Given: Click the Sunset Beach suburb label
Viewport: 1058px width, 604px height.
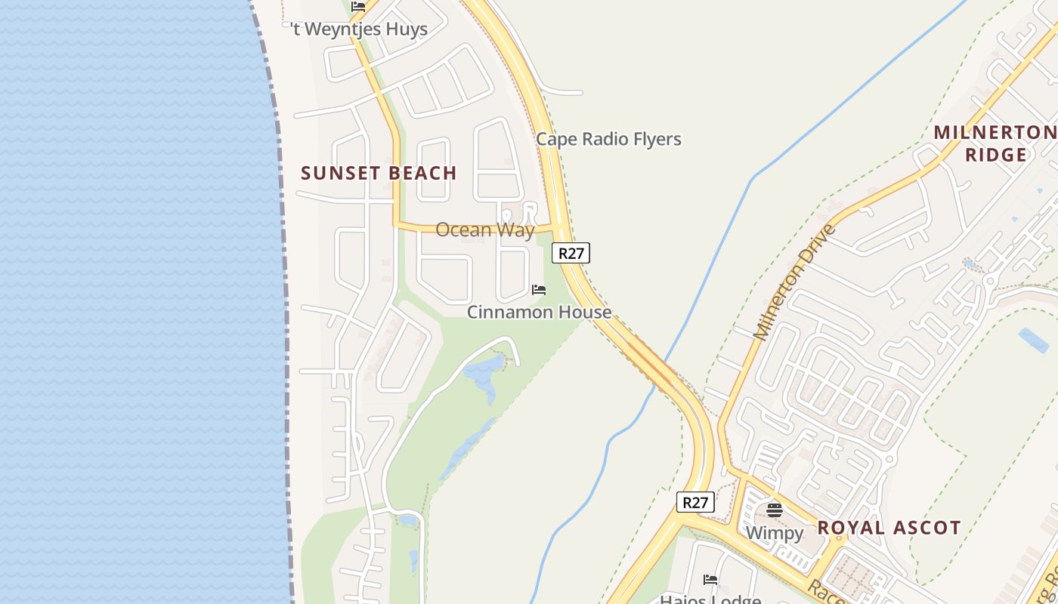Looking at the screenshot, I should click(x=379, y=173).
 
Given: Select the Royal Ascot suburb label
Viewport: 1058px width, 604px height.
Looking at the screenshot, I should click(x=889, y=527).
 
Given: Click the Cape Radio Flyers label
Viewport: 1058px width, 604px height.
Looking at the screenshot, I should click(x=608, y=139).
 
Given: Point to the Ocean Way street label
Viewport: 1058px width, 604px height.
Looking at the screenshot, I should click(x=484, y=230).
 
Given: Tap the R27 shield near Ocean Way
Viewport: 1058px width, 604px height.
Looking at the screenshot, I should click(x=571, y=253).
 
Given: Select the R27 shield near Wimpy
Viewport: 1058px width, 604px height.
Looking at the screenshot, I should click(x=695, y=502).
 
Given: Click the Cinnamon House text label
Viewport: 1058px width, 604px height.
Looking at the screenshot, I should click(x=539, y=312).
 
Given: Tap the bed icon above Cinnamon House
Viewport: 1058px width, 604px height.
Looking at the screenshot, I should click(x=539, y=290).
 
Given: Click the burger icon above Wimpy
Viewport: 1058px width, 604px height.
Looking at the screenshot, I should click(x=774, y=510).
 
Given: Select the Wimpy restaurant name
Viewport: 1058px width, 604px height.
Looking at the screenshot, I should click(x=774, y=533).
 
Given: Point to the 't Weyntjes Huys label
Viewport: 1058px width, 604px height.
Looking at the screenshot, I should click(x=360, y=29).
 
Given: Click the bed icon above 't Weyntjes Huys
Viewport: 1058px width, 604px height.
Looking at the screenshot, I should click(x=358, y=7).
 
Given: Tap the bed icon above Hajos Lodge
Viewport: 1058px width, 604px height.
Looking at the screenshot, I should click(x=710, y=580).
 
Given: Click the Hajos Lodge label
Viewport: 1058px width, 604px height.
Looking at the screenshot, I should click(x=710, y=599).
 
